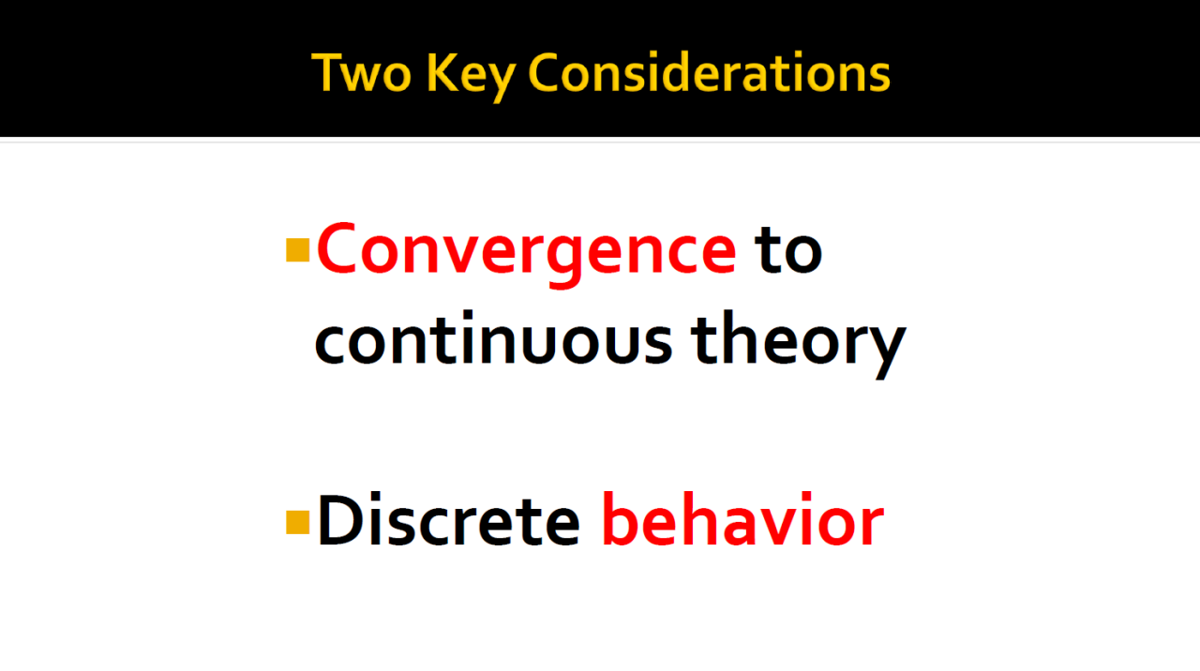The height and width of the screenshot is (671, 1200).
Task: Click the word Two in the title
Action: pyautogui.click(x=362, y=72)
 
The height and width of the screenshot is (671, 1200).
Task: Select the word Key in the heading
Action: pyautogui.click(x=472, y=77)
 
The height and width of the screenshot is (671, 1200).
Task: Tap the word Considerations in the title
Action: pyautogui.click(x=709, y=72)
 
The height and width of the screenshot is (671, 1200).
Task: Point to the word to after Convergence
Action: pyautogui.click(x=788, y=249)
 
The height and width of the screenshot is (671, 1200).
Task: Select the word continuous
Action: pyautogui.click(x=493, y=337)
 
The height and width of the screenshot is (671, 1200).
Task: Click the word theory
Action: pyautogui.click(x=798, y=344)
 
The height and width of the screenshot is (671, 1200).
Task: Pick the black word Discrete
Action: pyautogui.click(x=449, y=519)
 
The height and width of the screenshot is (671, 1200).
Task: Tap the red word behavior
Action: pyautogui.click(x=742, y=518)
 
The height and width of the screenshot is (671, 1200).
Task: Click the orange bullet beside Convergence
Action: pyautogui.click(x=298, y=250)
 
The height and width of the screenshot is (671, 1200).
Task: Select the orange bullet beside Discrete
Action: pyautogui.click(x=298, y=523)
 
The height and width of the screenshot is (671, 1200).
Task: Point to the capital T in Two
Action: pyautogui.click(x=328, y=72)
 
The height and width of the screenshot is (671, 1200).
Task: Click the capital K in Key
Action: pyautogui.click(x=443, y=72)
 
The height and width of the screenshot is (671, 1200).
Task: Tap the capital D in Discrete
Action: pyautogui.click(x=341, y=519)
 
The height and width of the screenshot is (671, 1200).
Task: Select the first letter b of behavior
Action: pyautogui.click(x=622, y=518)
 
